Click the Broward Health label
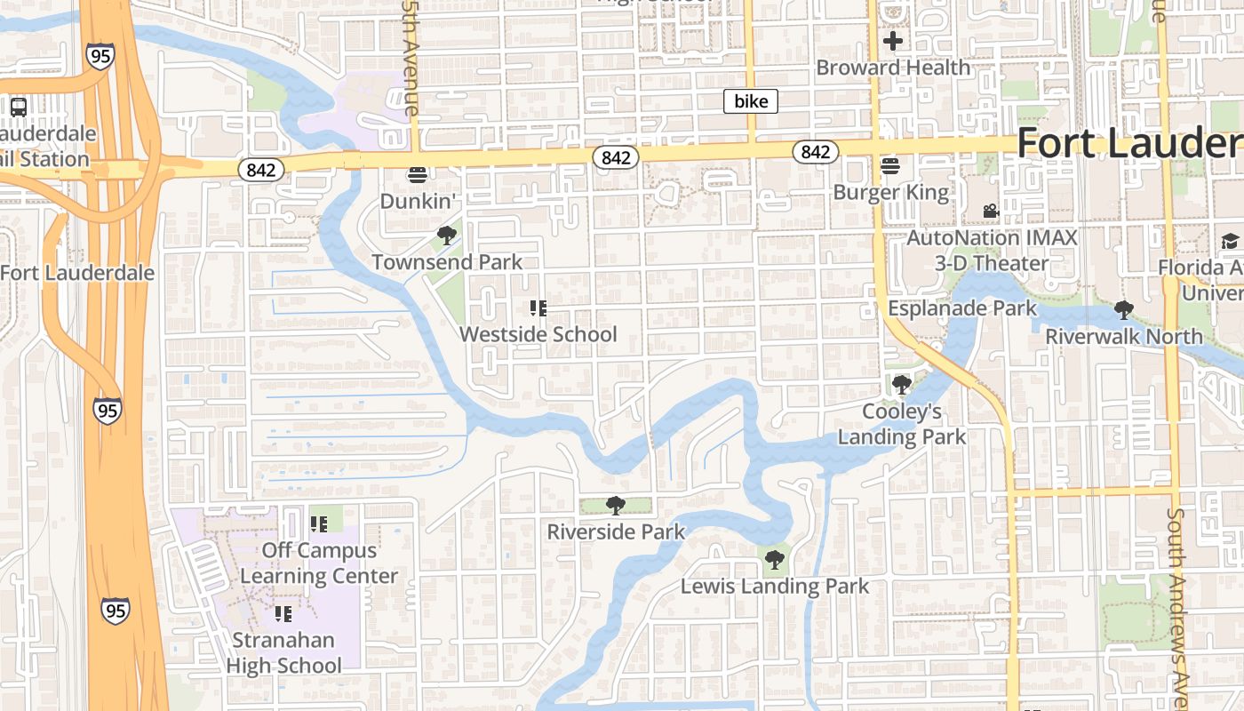pyautogui.click(x=893, y=68)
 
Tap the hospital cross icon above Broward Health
pyautogui.click(x=893, y=41)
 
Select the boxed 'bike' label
pyautogui.click(x=751, y=101)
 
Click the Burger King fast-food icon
pyautogui.click(x=890, y=166)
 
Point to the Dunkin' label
pyautogui.click(x=418, y=201)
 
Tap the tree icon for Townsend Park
pyautogui.click(x=447, y=236)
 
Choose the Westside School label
pyautogui.click(x=538, y=334)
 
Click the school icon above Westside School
pyautogui.click(x=538, y=308)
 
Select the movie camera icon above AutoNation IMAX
pyautogui.click(x=991, y=212)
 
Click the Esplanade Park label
pyautogui.click(x=962, y=308)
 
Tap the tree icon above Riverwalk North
pyautogui.click(x=1124, y=310)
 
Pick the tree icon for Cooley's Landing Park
pyautogui.click(x=902, y=385)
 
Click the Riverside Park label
pyautogui.click(x=616, y=531)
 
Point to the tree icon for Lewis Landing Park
pyautogui.click(x=775, y=560)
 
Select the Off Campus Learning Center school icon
pyautogui.click(x=319, y=524)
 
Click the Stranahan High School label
pyautogui.click(x=283, y=652)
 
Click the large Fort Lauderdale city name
pyautogui.click(x=1128, y=142)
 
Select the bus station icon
pyautogui.click(x=18, y=107)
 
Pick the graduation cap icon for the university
pyautogui.click(x=1230, y=241)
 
